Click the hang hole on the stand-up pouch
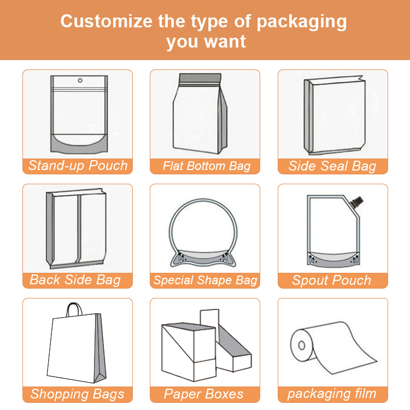pos(80,80)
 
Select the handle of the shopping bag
pos(74,309)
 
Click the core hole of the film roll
pos(302,345)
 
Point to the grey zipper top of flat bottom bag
pos(200,79)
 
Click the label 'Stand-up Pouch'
pos(78,166)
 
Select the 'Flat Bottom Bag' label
pos(207,166)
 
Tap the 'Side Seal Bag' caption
pos(332,166)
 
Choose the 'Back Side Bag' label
pos(75,280)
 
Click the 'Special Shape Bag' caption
pos(206,280)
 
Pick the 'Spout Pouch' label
pos(332,280)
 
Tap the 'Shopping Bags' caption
pos(78,394)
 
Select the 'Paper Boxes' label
pos(203,394)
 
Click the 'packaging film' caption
pos(332,394)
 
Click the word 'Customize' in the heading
pos(107,21)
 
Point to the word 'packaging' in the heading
pos(301,22)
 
